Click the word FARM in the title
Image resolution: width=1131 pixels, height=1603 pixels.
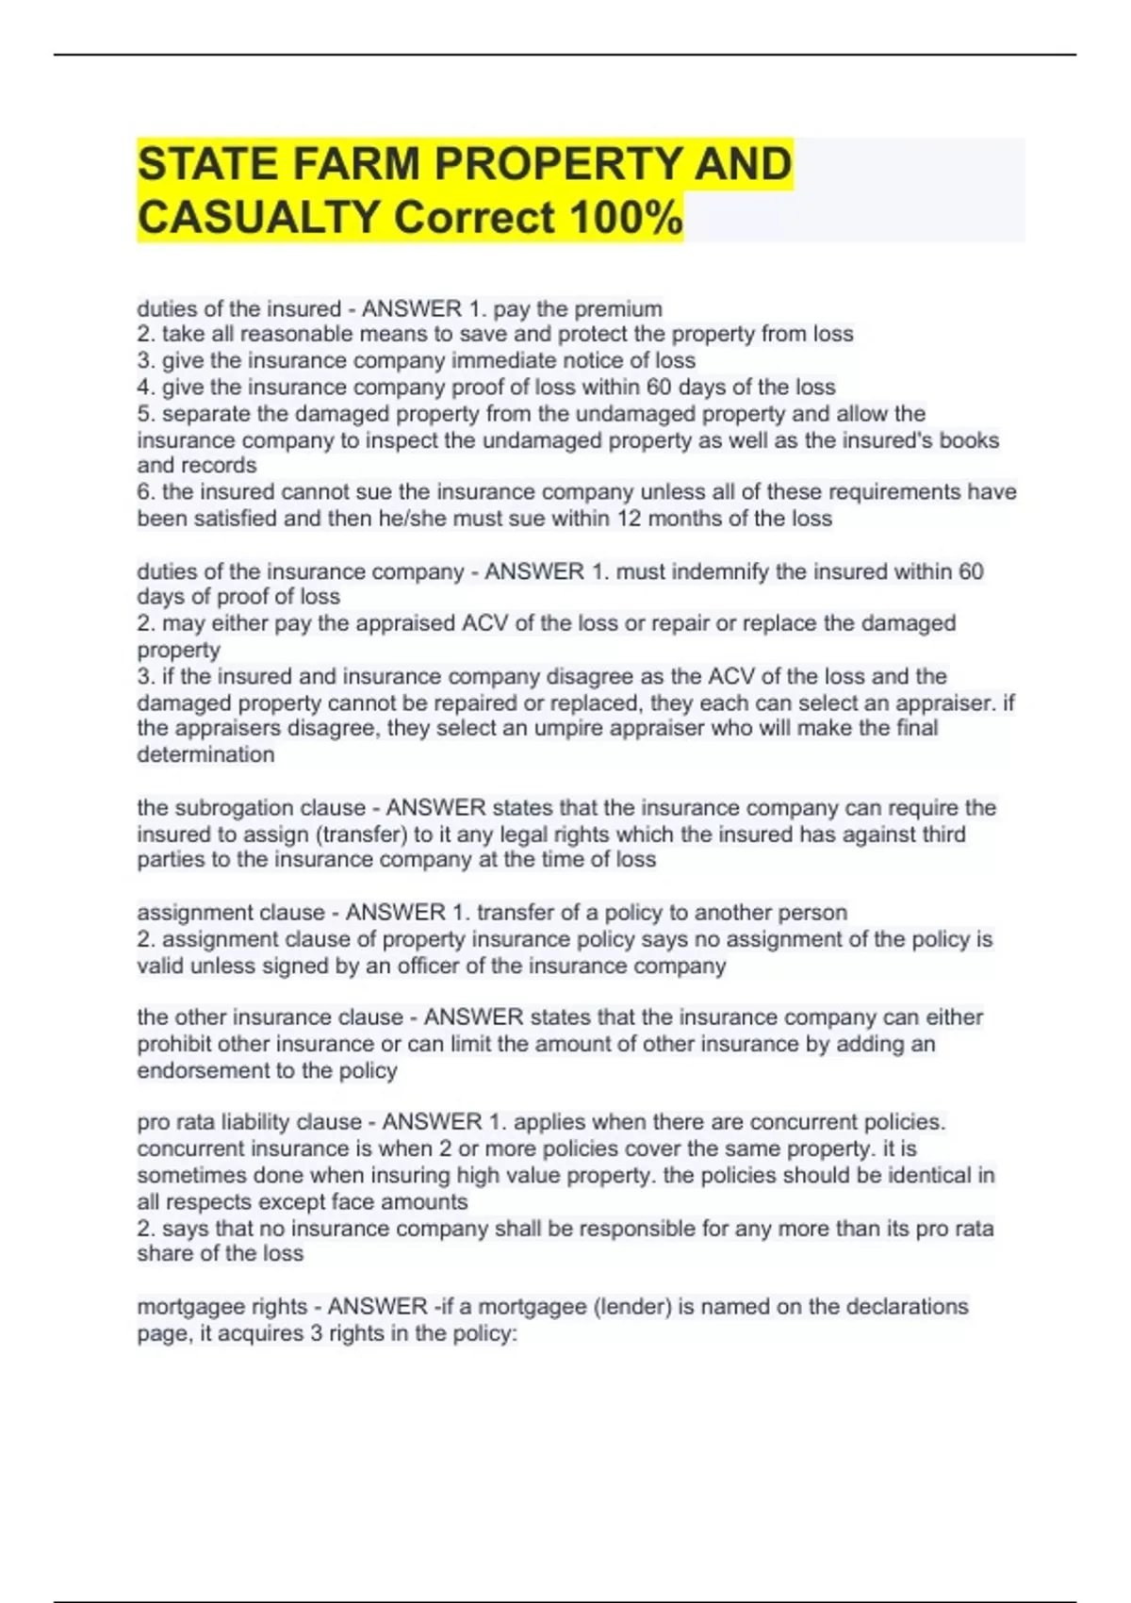(x=355, y=164)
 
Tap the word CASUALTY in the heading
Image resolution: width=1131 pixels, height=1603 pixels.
(x=258, y=218)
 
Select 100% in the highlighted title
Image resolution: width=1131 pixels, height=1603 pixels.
(x=626, y=218)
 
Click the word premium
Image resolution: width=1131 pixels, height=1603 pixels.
(x=618, y=309)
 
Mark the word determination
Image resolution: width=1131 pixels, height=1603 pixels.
(x=205, y=754)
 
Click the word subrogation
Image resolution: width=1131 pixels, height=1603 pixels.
(x=235, y=808)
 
